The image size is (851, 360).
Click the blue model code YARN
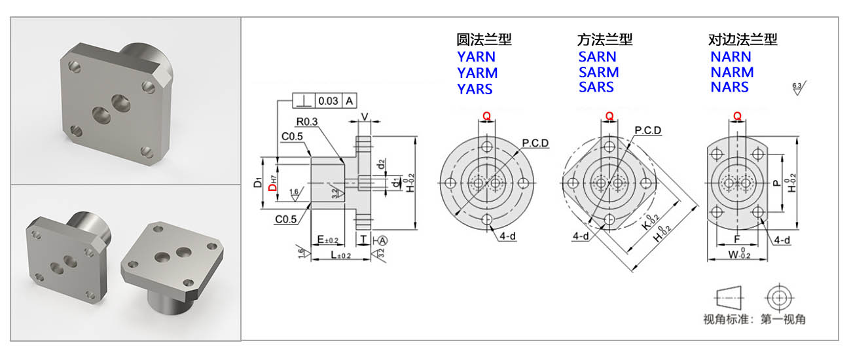coord(476,57)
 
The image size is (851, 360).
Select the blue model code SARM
coord(598,72)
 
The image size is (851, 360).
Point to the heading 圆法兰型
coord(484,40)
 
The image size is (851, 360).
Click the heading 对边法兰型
coord(743,40)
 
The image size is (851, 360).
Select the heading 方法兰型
coord(605,40)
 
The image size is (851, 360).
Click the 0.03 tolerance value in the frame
coord(328,101)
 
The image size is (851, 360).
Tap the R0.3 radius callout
coord(306,121)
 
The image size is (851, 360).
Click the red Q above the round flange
coord(486,116)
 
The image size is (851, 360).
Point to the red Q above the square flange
coord(609,116)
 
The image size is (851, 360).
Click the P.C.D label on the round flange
coord(535,143)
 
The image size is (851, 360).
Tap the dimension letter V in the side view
coord(365,117)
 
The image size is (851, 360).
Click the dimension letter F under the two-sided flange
coord(736,240)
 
